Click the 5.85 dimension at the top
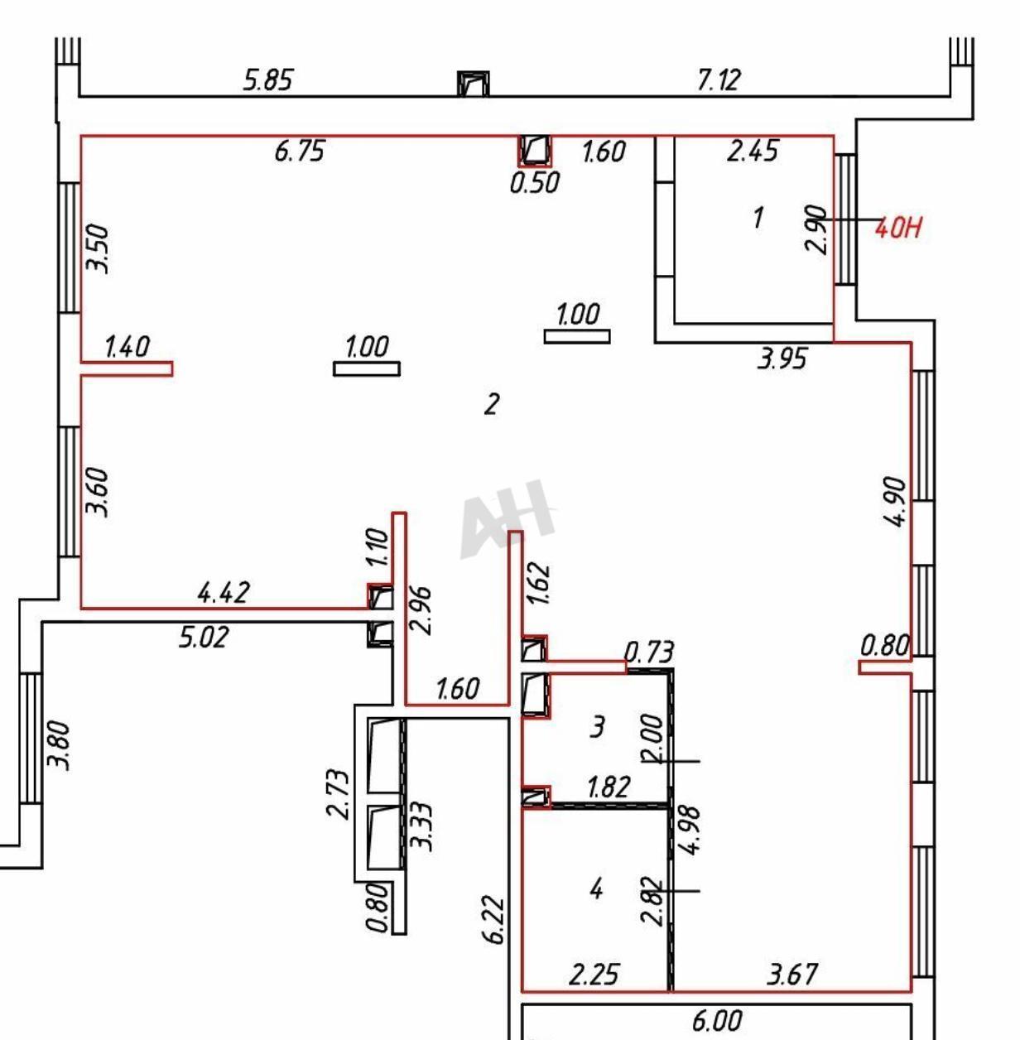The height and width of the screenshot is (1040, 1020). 267,80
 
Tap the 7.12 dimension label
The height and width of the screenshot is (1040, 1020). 718,80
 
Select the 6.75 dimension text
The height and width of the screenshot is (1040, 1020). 299,152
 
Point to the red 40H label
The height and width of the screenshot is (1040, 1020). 898,228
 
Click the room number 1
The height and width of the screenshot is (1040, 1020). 758,218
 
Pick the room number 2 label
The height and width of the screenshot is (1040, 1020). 492,404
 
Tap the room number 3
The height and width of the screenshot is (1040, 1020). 597,727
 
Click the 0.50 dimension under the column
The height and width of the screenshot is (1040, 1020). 535,182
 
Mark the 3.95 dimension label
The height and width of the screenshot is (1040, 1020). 782,359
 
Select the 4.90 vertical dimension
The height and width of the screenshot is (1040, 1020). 896,501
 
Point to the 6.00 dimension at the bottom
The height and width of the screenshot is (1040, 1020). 716,1021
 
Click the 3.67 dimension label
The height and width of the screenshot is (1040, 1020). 792,974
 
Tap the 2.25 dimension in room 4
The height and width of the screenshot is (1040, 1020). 594,974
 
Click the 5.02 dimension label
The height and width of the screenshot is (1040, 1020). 204,638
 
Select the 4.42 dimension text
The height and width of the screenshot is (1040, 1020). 224,592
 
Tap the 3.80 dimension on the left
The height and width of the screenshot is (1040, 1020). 59,745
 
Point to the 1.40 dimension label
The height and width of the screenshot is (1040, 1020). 127,346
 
